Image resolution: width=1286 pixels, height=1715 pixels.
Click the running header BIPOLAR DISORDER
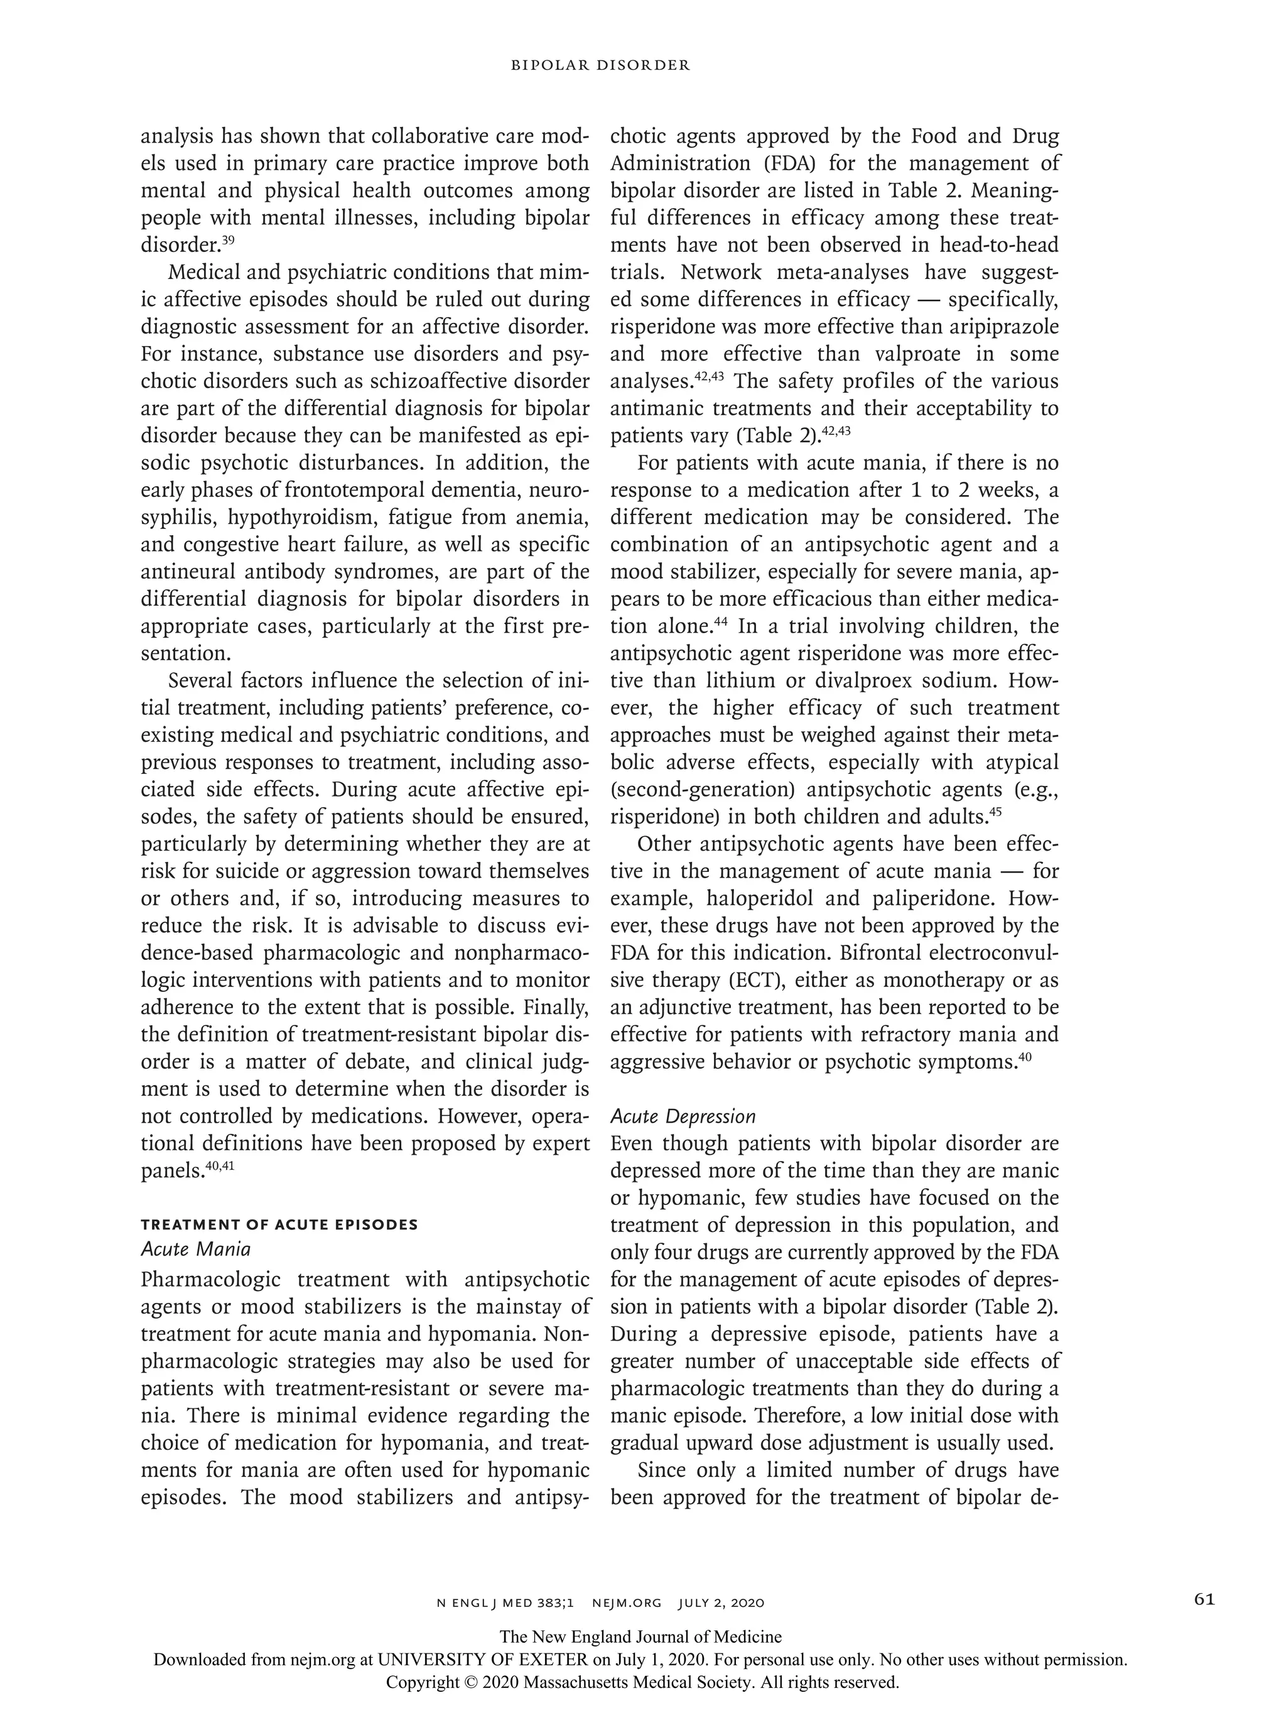[x=600, y=66]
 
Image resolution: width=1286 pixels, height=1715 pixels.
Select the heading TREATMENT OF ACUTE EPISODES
[x=279, y=1224]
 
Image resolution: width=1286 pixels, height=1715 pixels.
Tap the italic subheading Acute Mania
[x=195, y=1249]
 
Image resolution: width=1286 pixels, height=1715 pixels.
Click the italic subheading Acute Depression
[x=682, y=1116]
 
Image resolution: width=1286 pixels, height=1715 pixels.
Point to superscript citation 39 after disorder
[x=228, y=239]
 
